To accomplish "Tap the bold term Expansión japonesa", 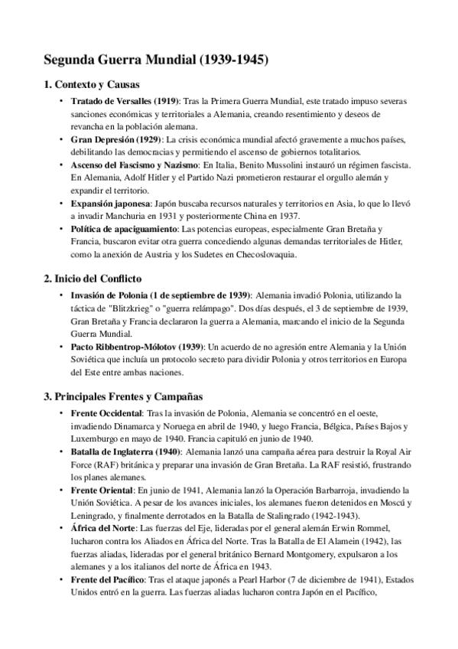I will pyautogui.click(x=111, y=204).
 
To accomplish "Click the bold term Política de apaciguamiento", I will pyautogui.click(x=123, y=229).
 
